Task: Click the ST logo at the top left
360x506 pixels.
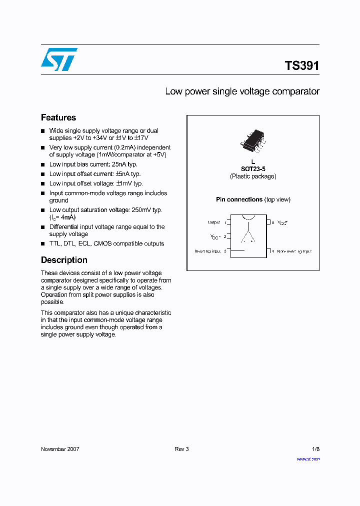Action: [59, 59]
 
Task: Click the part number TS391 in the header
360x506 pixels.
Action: [301, 66]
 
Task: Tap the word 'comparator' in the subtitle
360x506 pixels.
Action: [295, 91]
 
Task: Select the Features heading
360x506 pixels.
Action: [58, 117]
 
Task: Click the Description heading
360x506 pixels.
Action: [64, 260]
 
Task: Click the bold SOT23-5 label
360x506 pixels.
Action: [253, 169]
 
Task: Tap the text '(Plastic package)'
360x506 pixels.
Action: [253, 176]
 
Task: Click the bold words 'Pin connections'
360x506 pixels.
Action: [239, 199]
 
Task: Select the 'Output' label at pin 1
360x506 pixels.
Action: [213, 222]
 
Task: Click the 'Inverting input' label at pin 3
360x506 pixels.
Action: [207, 251]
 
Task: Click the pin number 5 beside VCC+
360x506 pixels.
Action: [273, 222]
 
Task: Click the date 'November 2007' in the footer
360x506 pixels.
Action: [60, 449]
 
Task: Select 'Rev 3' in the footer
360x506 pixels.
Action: [181, 449]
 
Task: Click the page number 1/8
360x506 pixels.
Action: [315, 449]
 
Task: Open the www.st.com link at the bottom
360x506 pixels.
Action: [308, 458]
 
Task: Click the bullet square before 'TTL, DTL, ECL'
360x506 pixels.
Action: [43, 244]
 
